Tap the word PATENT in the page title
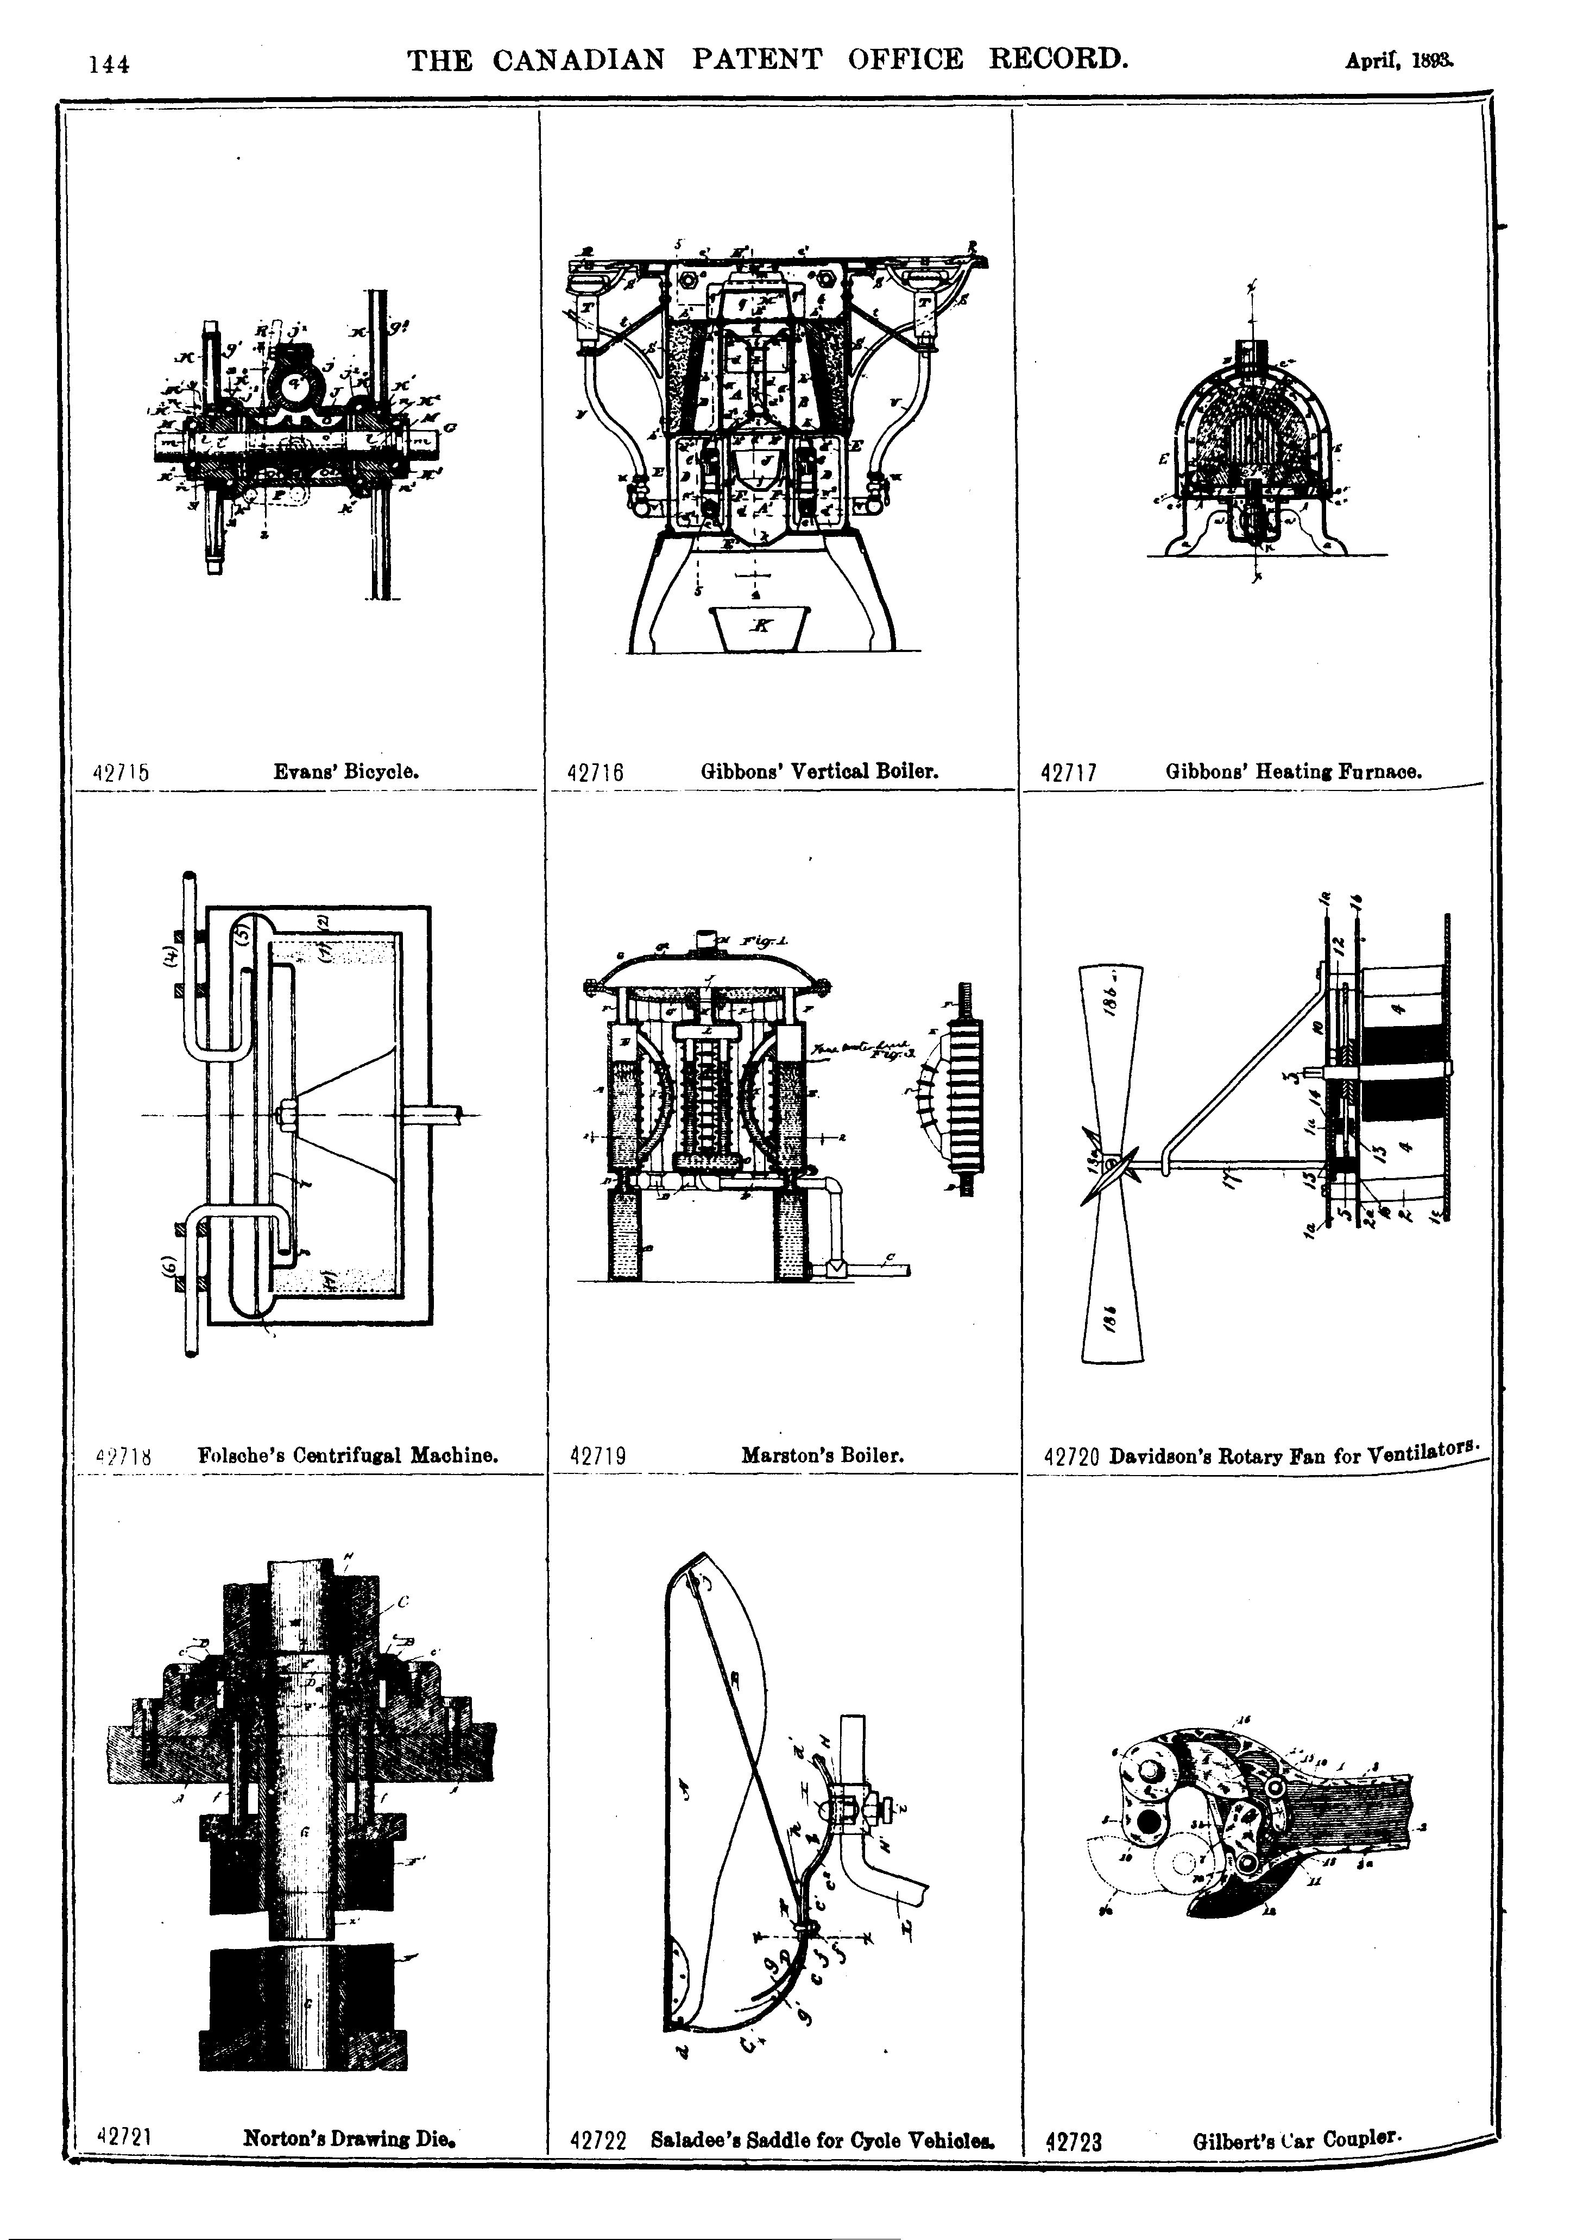[x=756, y=60]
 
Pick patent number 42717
[x=1070, y=774]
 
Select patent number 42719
[x=597, y=1457]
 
